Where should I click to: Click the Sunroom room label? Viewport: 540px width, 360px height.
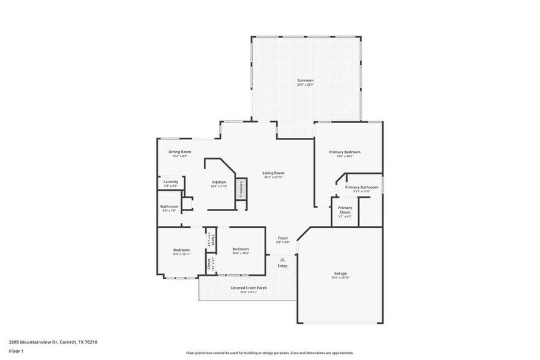[306, 80]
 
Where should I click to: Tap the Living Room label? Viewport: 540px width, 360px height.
[274, 173]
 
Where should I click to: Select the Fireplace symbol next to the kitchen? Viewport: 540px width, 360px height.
[241, 189]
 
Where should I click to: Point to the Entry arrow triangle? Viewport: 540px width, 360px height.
[282, 260]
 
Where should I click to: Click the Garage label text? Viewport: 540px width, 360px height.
[340, 273]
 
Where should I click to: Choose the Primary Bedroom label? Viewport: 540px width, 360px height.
[345, 152]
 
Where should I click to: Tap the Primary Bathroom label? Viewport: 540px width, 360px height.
[361, 187]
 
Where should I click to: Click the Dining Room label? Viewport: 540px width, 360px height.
[180, 151]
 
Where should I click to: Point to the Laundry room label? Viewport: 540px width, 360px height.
[171, 181]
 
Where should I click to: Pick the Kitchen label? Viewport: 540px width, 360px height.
[219, 182]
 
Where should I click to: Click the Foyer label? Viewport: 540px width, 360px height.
[283, 238]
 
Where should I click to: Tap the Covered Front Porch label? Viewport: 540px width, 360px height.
[249, 287]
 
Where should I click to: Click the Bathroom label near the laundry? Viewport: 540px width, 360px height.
[170, 206]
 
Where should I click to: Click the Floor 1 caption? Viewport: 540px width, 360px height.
[16, 351]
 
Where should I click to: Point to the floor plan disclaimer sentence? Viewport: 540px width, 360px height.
[270, 353]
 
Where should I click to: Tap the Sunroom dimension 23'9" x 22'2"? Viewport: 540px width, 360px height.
[306, 84]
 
